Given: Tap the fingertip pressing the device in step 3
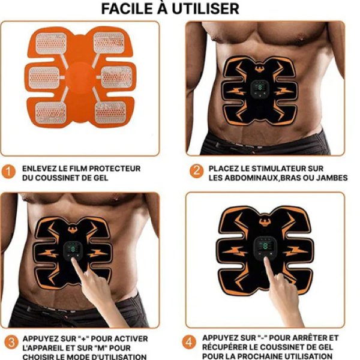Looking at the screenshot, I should tap(74, 262).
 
